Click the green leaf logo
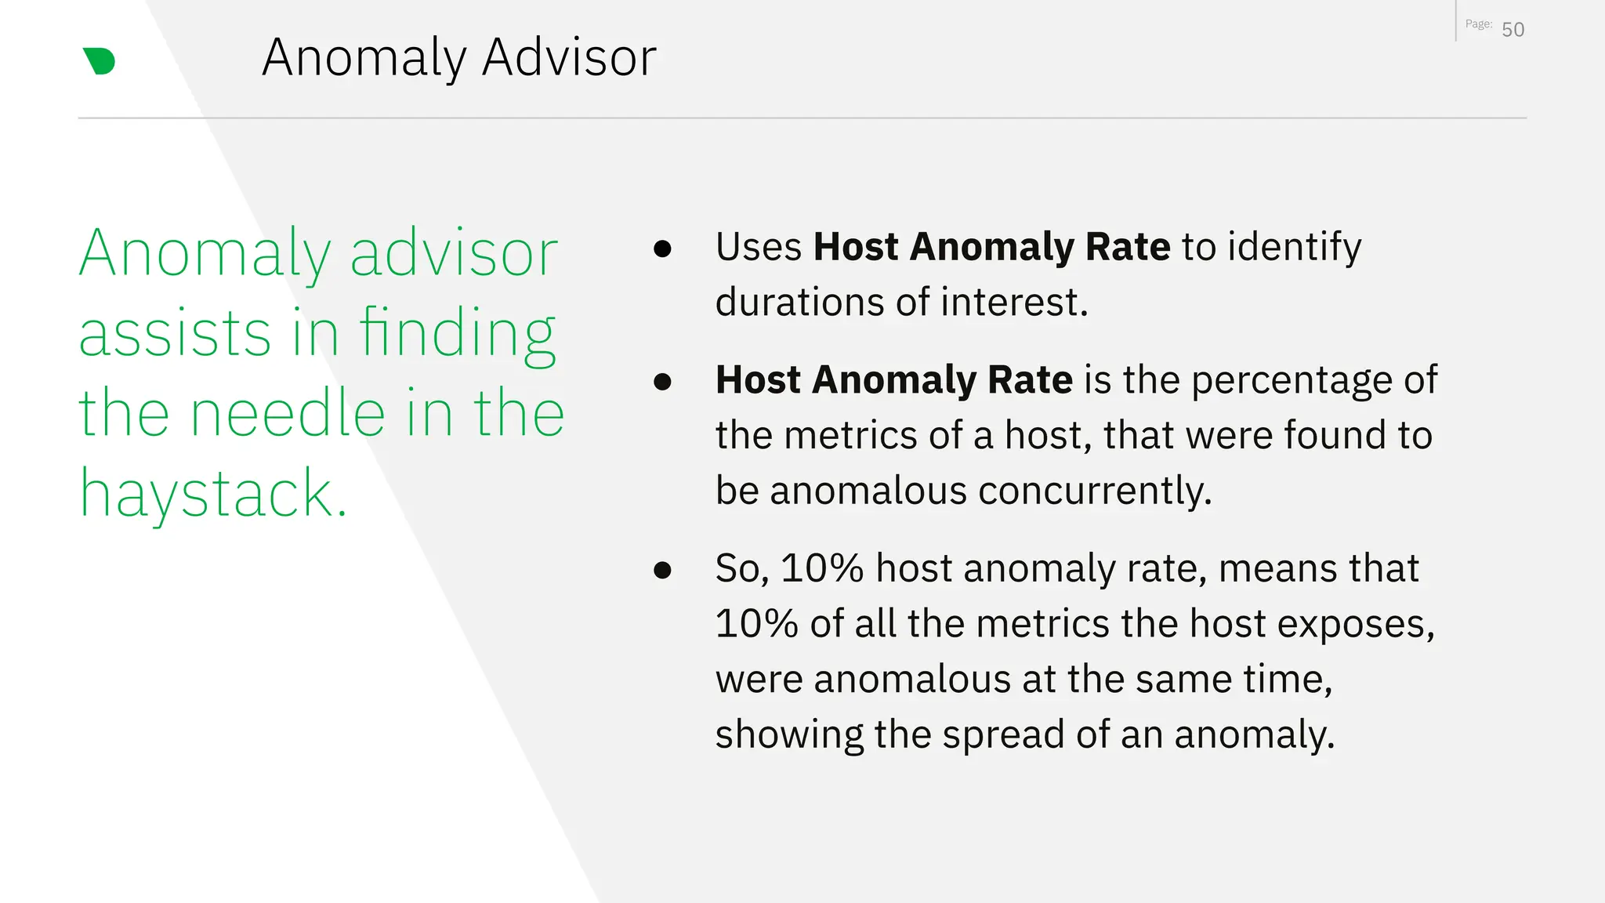click(x=99, y=61)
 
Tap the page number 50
click(x=1513, y=30)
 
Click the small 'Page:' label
click(x=1478, y=24)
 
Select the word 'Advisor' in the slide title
click(x=569, y=57)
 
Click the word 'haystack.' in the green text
click(x=213, y=494)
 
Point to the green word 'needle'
click(x=288, y=413)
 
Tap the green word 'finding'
click(x=458, y=333)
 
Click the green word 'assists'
click(x=175, y=333)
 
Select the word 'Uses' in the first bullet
click(x=758, y=247)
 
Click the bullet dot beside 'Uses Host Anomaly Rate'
click(x=662, y=248)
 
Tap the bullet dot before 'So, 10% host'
click(x=662, y=570)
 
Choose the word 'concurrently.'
click(x=1095, y=491)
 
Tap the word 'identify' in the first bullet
click(x=1294, y=248)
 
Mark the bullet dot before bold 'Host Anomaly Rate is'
click(x=662, y=382)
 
